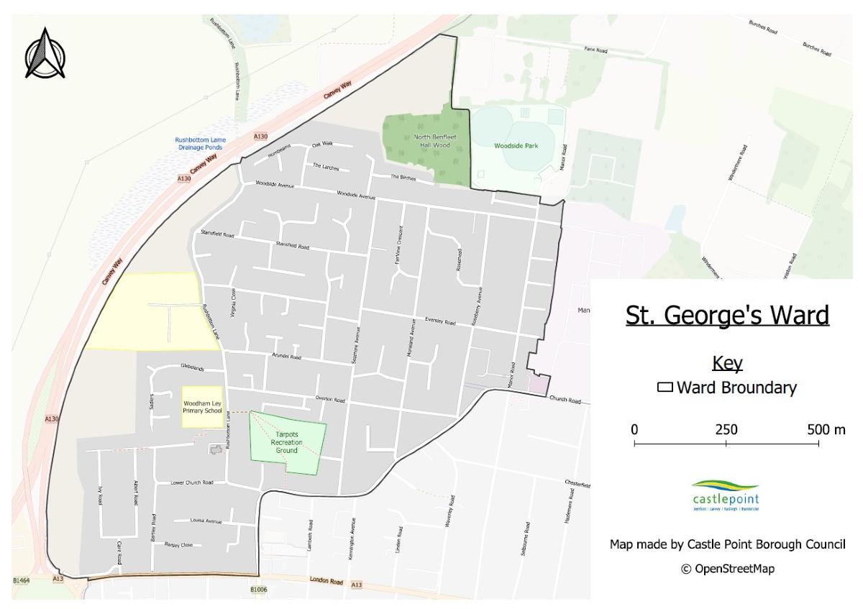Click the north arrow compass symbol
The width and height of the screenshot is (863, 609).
(45, 54)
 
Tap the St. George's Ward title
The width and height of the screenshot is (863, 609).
(726, 316)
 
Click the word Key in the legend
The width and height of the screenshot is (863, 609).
(726, 363)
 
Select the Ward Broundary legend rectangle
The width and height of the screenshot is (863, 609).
(665, 388)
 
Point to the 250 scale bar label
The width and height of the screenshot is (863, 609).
(726, 430)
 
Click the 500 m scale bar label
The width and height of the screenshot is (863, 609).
(826, 430)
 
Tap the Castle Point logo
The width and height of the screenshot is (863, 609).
(725, 495)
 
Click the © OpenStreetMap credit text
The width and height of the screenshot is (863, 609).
(727, 569)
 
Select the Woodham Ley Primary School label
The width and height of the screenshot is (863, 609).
(202, 406)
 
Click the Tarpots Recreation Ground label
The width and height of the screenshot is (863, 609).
(286, 442)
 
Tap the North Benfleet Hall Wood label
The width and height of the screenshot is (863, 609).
(434, 140)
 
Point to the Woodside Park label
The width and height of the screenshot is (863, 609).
(516, 145)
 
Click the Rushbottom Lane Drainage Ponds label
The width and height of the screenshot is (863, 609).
(200, 143)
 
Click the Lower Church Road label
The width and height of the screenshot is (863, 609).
(192, 482)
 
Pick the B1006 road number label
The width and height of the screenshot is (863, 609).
(258, 590)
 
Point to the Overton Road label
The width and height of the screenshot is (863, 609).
(330, 400)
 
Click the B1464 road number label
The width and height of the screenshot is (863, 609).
(22, 580)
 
